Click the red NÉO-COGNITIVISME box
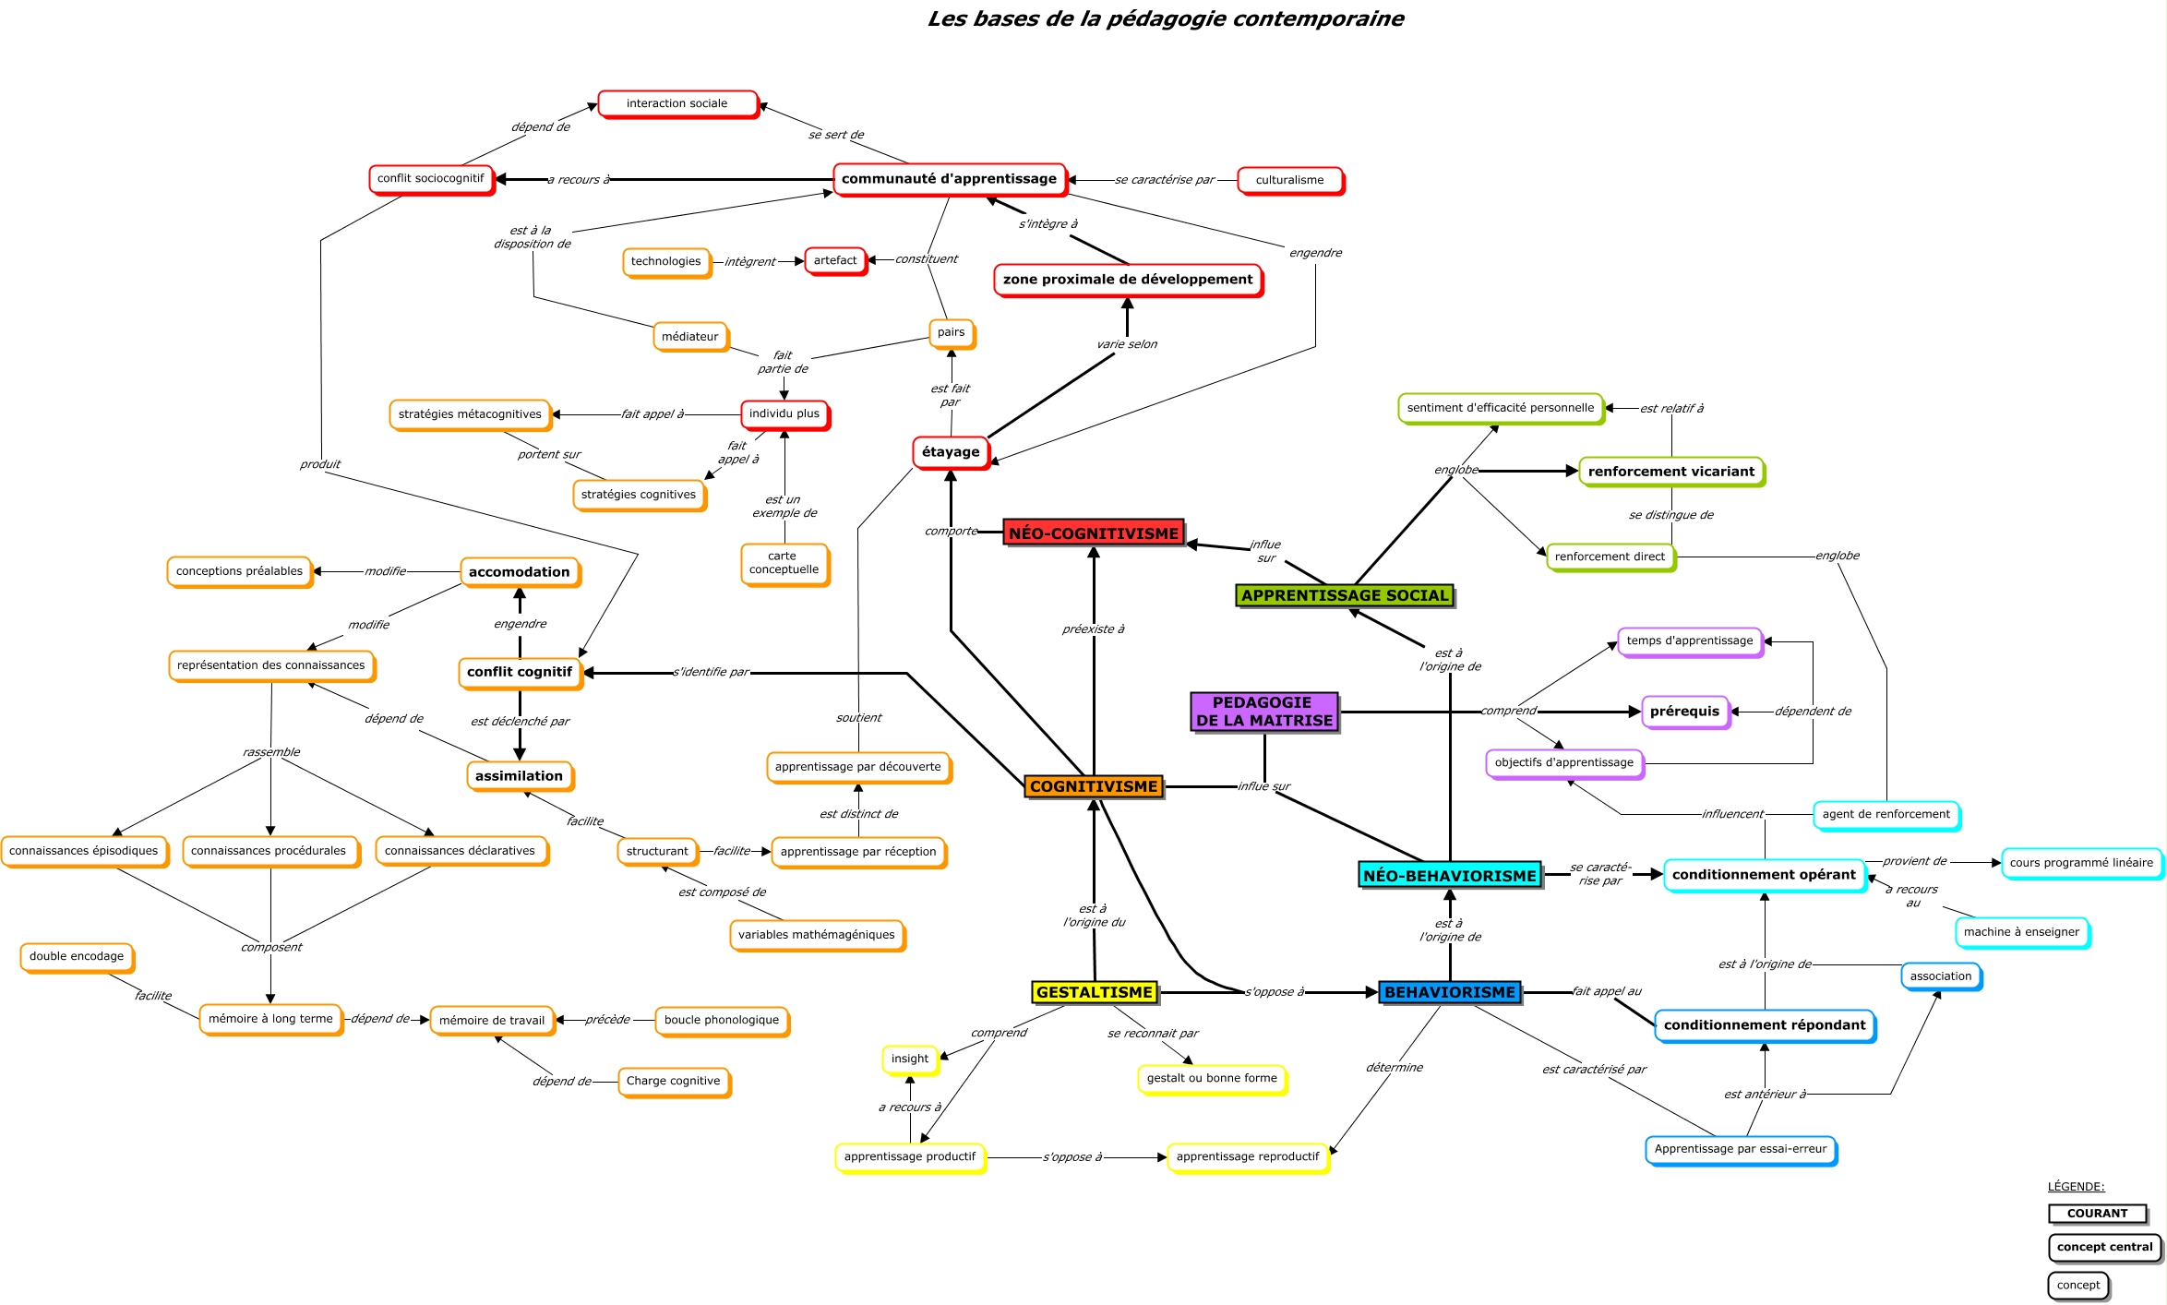[x=1093, y=533]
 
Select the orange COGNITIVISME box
[x=1093, y=786]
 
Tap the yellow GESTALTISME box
[x=1095, y=992]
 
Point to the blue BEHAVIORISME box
[x=1449, y=992]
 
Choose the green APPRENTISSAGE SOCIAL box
[x=1345, y=595]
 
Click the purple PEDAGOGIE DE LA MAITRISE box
[x=1263, y=712]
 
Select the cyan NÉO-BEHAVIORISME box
[x=1449, y=875]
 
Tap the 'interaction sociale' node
[x=676, y=103]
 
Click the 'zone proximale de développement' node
[x=1127, y=280]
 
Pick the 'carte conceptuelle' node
[x=784, y=563]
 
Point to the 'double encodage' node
[x=77, y=956]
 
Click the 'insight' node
[x=909, y=1059]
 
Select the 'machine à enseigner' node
[x=2021, y=932]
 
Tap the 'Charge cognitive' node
[x=673, y=1081]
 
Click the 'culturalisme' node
[x=1289, y=180]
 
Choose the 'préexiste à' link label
[x=1093, y=629]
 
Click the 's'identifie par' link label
[x=711, y=672]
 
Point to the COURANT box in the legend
[x=2097, y=1214]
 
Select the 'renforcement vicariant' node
[x=1670, y=472]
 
